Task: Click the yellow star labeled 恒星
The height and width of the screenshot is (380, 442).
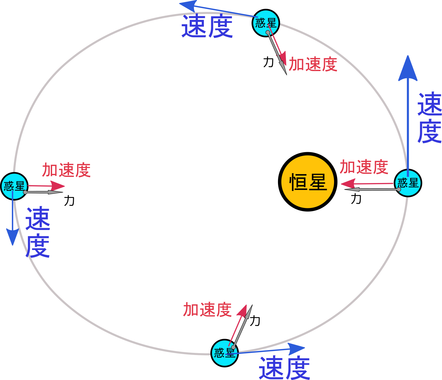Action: click(x=308, y=182)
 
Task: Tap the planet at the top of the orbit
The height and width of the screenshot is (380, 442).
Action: click(x=266, y=23)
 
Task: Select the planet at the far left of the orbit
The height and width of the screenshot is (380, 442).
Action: click(x=14, y=186)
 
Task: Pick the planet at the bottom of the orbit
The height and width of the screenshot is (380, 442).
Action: click(x=224, y=353)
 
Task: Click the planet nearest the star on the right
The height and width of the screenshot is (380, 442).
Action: click(x=408, y=183)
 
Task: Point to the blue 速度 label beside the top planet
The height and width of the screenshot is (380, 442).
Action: click(x=207, y=26)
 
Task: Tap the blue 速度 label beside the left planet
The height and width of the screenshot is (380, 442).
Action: click(x=37, y=232)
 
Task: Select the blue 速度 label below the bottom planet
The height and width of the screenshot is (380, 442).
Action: click(x=284, y=368)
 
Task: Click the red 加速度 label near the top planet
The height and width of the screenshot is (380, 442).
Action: click(x=313, y=64)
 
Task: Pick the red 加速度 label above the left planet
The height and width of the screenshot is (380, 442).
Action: click(x=66, y=170)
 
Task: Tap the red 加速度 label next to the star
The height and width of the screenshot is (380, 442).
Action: click(x=364, y=167)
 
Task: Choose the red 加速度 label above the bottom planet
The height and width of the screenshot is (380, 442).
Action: click(x=207, y=310)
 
